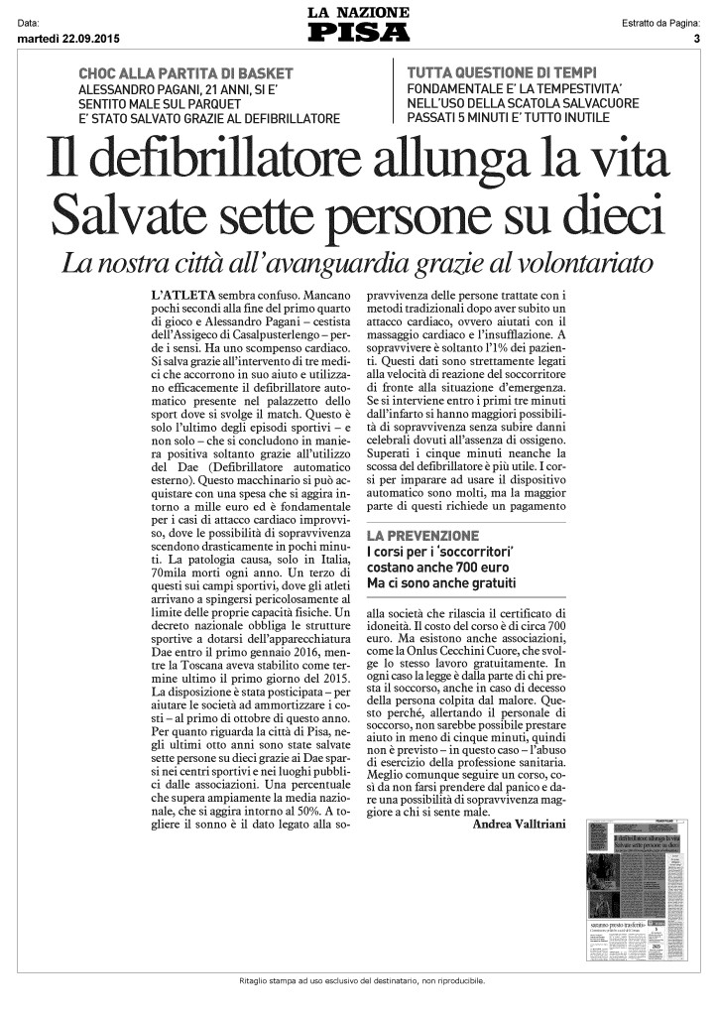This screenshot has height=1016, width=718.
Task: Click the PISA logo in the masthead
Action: pos(358,33)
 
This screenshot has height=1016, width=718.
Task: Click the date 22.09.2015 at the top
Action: pos(88,39)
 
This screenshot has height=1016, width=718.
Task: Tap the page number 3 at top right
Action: pos(697,39)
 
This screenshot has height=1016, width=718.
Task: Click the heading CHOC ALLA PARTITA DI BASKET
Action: pos(185,73)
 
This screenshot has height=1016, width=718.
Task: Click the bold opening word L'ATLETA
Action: pos(179,296)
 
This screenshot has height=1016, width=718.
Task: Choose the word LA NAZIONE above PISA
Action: pos(358,12)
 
